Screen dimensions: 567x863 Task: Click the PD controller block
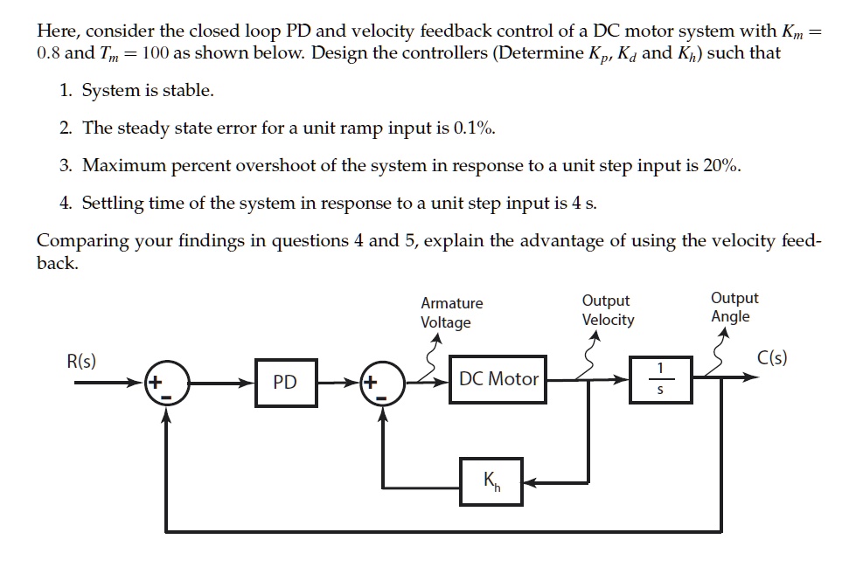pyautogui.click(x=285, y=382)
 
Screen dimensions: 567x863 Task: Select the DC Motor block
pyautogui.click(x=498, y=379)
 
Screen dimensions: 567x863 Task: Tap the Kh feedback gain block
pyautogui.click(x=492, y=481)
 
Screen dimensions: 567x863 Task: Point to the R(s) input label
pyautogui.click(x=82, y=360)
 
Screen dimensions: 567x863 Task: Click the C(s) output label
pyautogui.click(x=772, y=358)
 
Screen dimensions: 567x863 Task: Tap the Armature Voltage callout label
pyautogui.click(x=451, y=313)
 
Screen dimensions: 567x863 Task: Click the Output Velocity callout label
pyautogui.click(x=608, y=310)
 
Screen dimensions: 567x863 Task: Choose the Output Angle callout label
pyautogui.click(x=734, y=308)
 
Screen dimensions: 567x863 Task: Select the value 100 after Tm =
pyautogui.click(x=154, y=52)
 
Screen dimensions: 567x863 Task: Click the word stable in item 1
pyautogui.click(x=190, y=91)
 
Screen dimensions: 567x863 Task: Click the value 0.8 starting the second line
pyautogui.click(x=49, y=52)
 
